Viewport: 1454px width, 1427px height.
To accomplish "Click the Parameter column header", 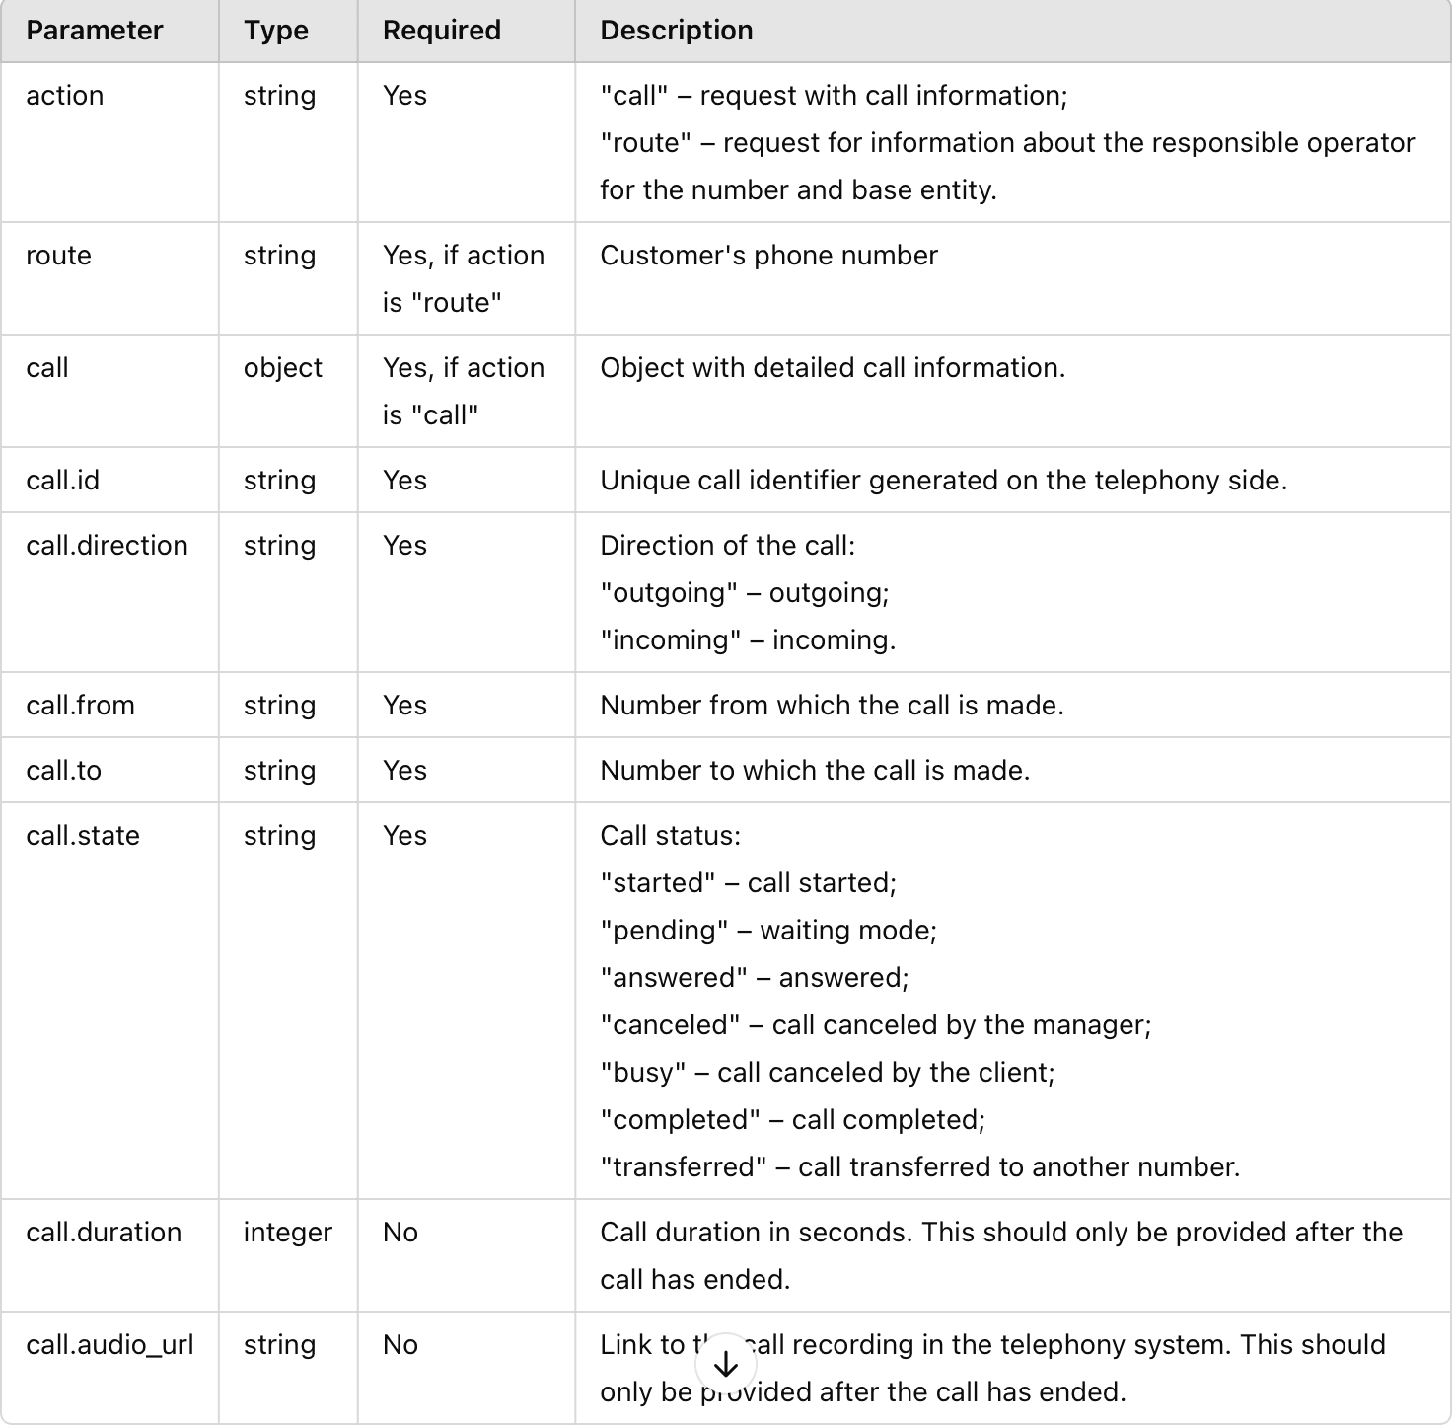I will coord(95,31).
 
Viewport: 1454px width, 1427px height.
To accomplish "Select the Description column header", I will coord(677,31).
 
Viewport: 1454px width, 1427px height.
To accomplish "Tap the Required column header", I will coord(442,31).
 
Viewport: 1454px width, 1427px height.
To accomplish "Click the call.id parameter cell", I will coord(63,481).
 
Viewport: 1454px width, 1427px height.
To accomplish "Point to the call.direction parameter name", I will coord(107,546).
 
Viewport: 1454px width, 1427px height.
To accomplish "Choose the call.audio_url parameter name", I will coord(109,1345).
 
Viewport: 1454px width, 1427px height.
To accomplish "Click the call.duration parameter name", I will coord(104,1233).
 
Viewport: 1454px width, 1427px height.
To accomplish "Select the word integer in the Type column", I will coord(288,1233).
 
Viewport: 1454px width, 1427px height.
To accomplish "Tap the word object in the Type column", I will coord(283,368).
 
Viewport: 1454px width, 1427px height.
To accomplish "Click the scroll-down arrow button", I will coord(726,1364).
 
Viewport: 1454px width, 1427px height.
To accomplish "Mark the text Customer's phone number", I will coord(769,256).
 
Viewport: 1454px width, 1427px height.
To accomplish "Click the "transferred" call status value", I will coord(683,1167).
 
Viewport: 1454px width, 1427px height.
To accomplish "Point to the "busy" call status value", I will coord(642,1073).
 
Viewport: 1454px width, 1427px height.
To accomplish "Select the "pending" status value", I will coord(664,931).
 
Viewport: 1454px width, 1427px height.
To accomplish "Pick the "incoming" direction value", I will coord(670,640).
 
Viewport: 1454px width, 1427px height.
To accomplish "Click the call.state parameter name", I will coord(83,836).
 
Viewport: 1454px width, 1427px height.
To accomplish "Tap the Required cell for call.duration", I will coord(400,1233).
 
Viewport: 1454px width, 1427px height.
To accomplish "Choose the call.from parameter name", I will coord(80,706).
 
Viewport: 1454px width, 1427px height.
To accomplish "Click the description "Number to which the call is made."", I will coord(815,771).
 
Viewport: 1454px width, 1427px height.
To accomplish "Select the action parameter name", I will coord(65,96).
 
